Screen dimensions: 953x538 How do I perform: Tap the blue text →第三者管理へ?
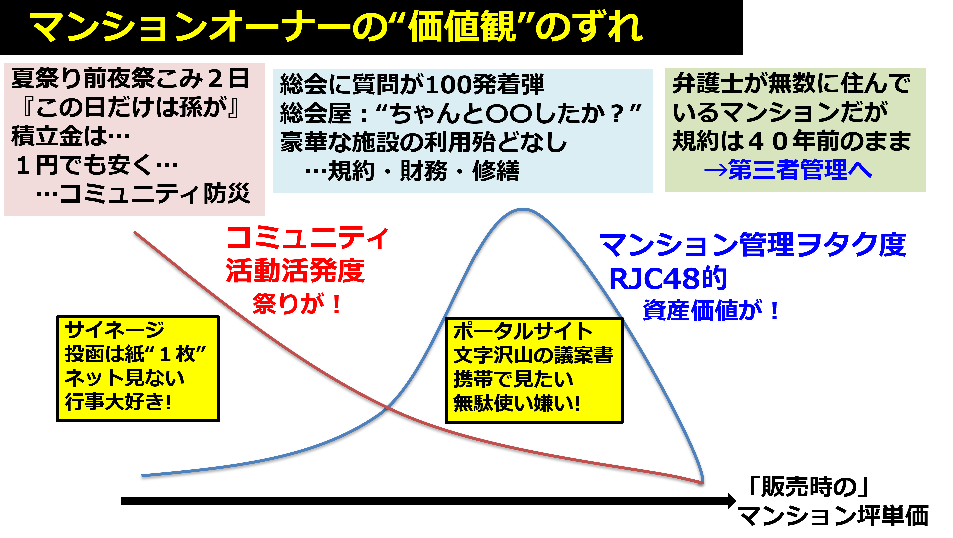click(788, 170)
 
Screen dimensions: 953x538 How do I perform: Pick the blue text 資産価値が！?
click(711, 310)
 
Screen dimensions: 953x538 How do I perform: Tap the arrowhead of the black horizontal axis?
click(732, 501)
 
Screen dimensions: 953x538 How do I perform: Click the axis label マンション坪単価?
click(833, 515)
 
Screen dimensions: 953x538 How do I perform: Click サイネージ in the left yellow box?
click(115, 330)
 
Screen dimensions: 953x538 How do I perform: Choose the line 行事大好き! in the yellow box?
click(118, 402)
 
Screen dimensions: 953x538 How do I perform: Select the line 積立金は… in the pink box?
click(70, 136)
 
